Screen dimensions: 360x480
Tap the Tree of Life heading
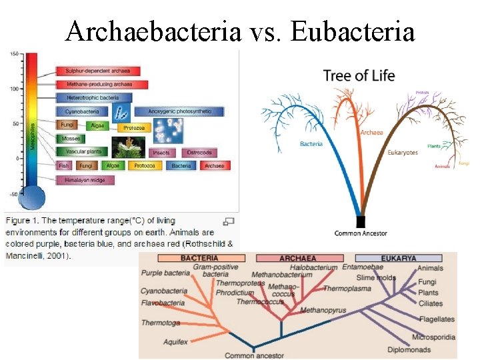[x=359, y=75]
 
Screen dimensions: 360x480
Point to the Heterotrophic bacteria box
[x=93, y=98]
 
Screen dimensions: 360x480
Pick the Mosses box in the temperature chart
[x=70, y=139]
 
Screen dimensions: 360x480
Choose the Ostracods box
[x=199, y=153]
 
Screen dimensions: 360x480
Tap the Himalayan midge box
[x=85, y=180]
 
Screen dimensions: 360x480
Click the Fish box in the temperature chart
[x=64, y=166]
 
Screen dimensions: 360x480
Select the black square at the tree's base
[x=361, y=221]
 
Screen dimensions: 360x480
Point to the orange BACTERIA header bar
[x=199, y=258]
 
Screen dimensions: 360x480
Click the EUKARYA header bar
[x=399, y=258]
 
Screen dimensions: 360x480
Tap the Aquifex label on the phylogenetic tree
[x=176, y=342]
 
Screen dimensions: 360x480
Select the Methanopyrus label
[x=323, y=311]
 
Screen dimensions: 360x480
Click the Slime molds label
[x=376, y=277]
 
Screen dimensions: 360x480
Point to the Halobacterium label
[x=313, y=267]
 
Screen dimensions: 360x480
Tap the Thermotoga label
[x=160, y=323]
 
